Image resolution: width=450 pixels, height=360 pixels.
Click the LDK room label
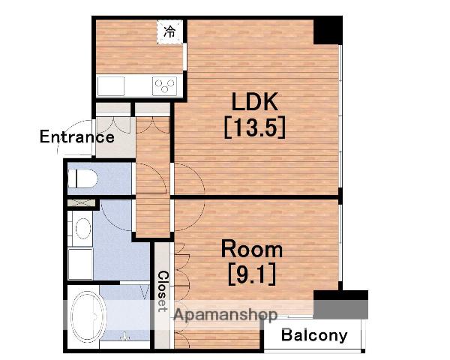point(254,102)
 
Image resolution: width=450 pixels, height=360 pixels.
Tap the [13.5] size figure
point(254,127)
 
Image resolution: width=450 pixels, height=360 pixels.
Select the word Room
point(252,249)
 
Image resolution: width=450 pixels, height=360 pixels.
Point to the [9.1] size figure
point(252,274)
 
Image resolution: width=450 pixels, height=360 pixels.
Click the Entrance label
point(77,136)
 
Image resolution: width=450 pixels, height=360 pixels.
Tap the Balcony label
point(314,335)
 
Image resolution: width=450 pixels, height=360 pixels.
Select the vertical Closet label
point(163,292)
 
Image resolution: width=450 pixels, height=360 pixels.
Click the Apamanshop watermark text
point(226,314)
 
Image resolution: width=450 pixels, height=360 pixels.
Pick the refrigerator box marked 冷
point(170,31)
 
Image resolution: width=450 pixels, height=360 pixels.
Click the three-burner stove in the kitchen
point(164,85)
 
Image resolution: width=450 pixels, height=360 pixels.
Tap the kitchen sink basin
point(111,85)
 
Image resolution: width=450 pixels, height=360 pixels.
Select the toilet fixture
point(82,178)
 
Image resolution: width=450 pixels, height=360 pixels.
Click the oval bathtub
point(88,316)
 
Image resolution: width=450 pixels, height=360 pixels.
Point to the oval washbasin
point(83,229)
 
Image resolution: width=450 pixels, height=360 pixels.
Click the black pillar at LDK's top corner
point(328,31)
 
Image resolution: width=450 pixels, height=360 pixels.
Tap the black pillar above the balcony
point(340,304)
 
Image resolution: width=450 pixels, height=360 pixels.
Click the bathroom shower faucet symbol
point(124,337)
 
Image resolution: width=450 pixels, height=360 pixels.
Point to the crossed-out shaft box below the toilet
point(82,203)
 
